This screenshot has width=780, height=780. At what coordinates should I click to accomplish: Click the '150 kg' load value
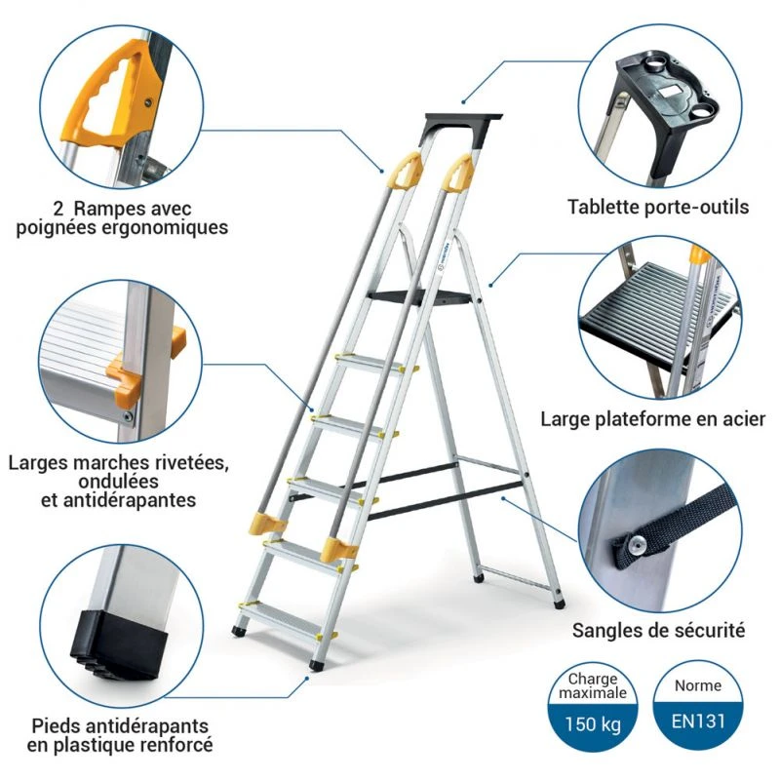click(594, 725)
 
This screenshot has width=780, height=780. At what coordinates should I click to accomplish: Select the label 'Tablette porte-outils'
click(658, 207)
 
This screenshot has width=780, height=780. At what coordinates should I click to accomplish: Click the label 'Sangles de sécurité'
click(658, 630)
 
